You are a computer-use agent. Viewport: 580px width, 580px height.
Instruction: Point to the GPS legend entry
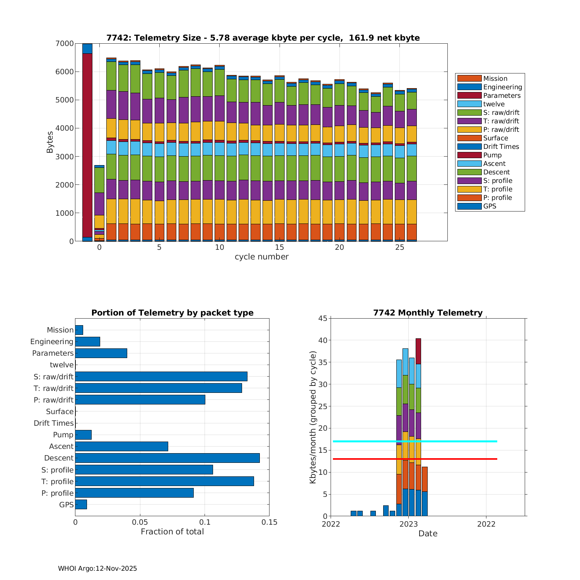pyautogui.click(x=490, y=206)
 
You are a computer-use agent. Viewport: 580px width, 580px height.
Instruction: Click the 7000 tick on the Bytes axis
pyautogui.click(x=64, y=44)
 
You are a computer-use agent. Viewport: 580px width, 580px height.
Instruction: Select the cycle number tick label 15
pyautogui.click(x=280, y=247)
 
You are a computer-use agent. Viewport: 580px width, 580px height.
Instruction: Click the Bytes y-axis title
pyautogui.click(x=50, y=142)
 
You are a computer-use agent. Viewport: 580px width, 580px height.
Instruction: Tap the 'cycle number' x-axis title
pyautogui.click(x=261, y=257)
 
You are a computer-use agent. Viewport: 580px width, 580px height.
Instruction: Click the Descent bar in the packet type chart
pyautogui.click(x=167, y=458)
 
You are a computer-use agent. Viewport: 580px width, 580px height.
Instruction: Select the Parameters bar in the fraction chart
pyautogui.click(x=101, y=353)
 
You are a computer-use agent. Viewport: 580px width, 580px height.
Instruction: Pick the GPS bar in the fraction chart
pyautogui.click(x=81, y=505)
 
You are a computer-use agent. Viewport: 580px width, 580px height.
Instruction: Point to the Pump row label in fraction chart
pyautogui.click(x=63, y=435)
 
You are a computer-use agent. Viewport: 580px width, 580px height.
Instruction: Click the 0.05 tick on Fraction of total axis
pyautogui.click(x=140, y=522)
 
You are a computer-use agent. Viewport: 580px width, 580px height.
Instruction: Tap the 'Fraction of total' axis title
pyautogui.click(x=172, y=532)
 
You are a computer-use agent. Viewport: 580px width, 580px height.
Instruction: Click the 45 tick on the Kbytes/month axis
pyautogui.click(x=323, y=318)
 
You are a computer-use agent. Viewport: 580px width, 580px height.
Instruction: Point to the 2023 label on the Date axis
pyautogui.click(x=408, y=524)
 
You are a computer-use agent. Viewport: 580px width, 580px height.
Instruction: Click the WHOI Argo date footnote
pyautogui.click(x=97, y=568)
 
